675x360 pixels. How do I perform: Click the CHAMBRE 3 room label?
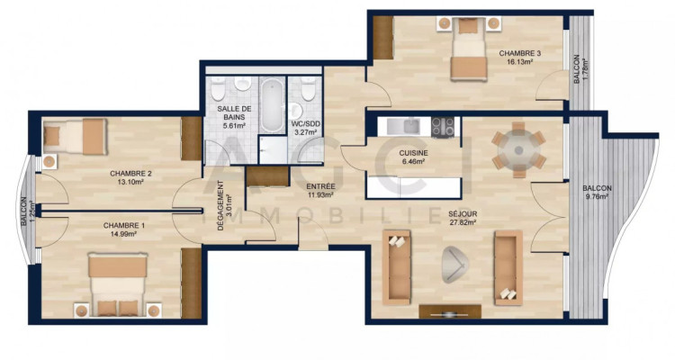(x=520, y=54)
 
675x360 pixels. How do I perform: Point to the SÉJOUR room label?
(x=463, y=214)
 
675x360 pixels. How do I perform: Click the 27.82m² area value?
(x=463, y=225)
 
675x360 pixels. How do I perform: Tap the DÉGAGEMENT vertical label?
(x=221, y=207)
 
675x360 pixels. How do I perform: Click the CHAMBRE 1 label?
(x=123, y=225)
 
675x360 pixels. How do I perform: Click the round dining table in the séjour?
(x=518, y=148)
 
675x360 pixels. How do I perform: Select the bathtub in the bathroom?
(x=271, y=104)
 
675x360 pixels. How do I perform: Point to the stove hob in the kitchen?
(x=443, y=128)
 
